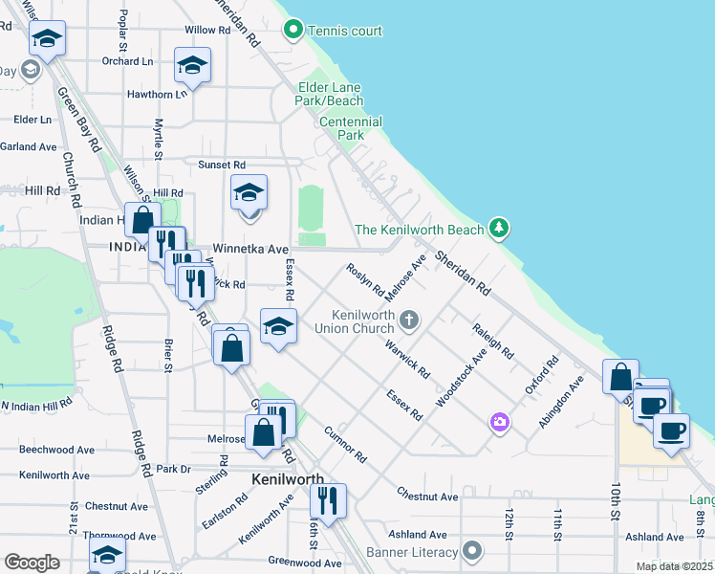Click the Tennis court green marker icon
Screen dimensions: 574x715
[x=294, y=31]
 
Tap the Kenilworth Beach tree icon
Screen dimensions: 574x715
[x=498, y=229]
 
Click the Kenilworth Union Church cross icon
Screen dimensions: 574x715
[x=409, y=320]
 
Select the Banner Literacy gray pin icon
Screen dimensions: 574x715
[x=471, y=550]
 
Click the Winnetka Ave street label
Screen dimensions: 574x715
[x=250, y=249]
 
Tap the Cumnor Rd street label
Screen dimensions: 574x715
[x=345, y=445]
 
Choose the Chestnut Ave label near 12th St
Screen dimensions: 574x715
[x=428, y=497]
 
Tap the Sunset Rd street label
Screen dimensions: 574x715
[x=222, y=165]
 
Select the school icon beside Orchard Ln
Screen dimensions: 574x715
[x=192, y=66]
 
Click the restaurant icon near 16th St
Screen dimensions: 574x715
[x=328, y=499]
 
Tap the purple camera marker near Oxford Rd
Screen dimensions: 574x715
[x=499, y=421]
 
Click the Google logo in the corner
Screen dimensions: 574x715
[x=32, y=563]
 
